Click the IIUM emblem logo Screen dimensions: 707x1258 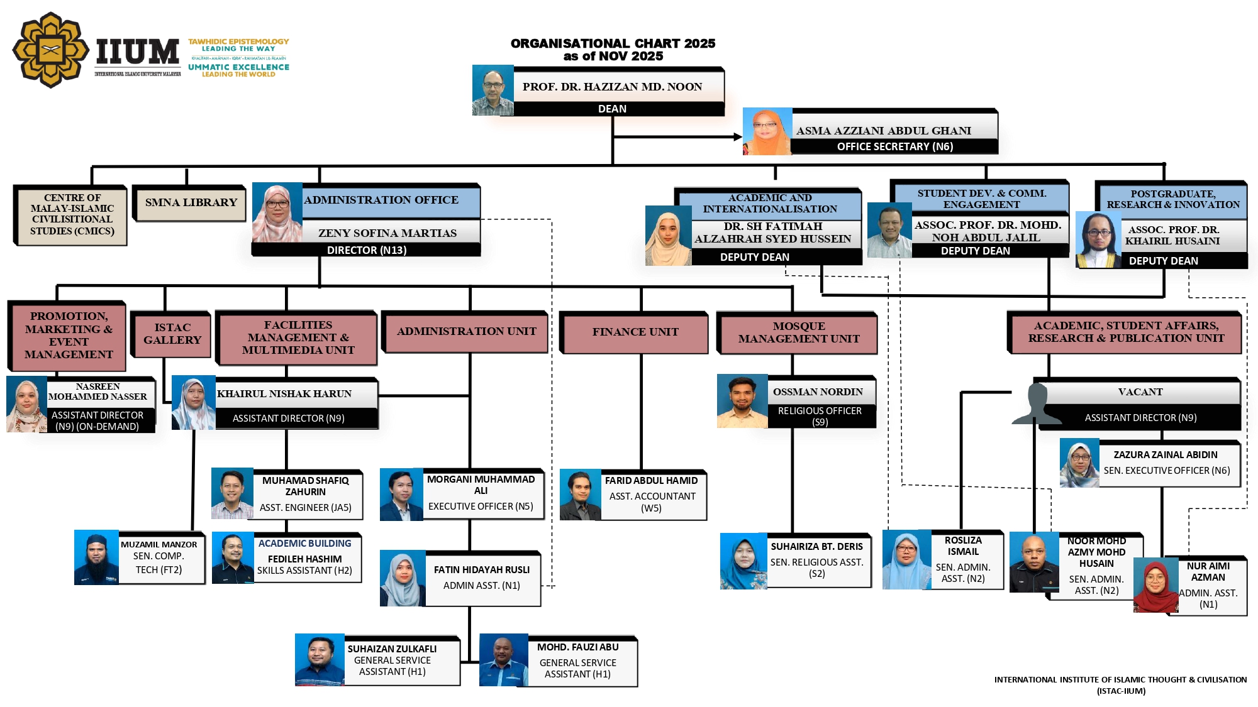pos(50,50)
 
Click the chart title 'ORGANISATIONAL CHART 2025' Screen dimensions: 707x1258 pos(613,43)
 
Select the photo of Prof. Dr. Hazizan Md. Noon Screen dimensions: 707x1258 pos(493,90)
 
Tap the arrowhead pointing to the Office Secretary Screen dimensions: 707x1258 pos(738,136)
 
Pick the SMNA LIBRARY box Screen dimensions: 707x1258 pos(191,203)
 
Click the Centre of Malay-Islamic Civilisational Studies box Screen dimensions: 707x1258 pos(72,214)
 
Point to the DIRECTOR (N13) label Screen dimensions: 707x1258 pos(367,250)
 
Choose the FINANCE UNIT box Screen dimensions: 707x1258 pos(635,332)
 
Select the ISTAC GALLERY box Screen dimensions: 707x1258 pos(172,334)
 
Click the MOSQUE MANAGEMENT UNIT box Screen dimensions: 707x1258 pos(798,332)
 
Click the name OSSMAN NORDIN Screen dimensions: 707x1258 pos(818,392)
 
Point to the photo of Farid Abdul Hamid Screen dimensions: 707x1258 pos(581,495)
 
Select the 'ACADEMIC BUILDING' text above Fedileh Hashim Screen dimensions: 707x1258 pos(304,544)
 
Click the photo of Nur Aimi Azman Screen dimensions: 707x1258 pos(1155,586)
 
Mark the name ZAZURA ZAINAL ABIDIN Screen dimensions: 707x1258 pos(1165,455)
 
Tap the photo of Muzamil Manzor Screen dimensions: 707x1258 pos(96,557)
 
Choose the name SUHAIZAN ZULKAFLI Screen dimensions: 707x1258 pos(392,649)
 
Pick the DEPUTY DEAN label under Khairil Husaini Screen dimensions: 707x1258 pos(1163,261)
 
